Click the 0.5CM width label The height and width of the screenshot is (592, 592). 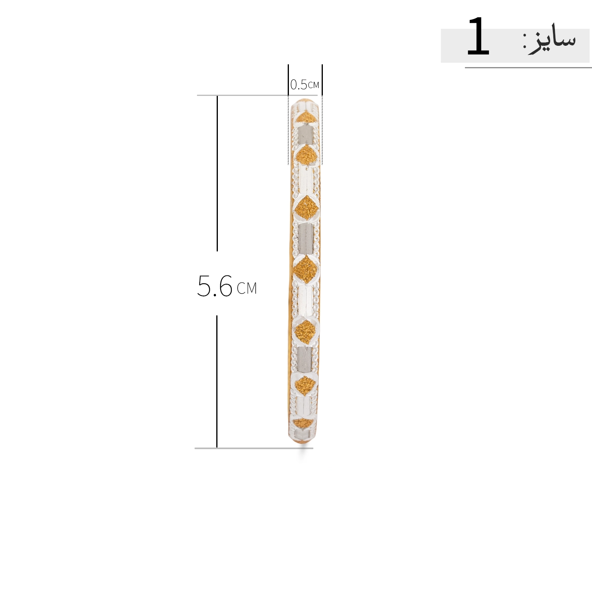[x=304, y=84]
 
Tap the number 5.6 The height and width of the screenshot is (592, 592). [x=215, y=286]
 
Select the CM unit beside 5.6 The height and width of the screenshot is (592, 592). [x=247, y=289]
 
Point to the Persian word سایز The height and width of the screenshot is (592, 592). [x=553, y=41]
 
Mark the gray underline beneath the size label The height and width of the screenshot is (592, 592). [x=528, y=67]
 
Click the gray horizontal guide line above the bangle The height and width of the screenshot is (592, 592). [x=257, y=95]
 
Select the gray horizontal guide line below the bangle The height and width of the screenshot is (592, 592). [x=254, y=448]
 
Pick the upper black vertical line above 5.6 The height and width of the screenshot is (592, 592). [x=217, y=173]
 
